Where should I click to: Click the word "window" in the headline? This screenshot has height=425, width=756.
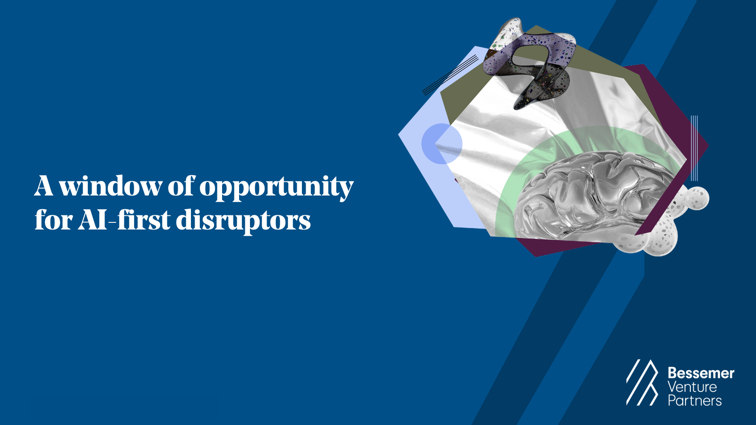[x=110, y=186]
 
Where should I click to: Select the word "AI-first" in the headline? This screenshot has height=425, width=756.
[x=123, y=219]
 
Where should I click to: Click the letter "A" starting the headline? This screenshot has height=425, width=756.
[x=44, y=186]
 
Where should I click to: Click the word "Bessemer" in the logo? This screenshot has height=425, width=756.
[x=701, y=374]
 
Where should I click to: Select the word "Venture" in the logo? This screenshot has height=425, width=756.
[x=692, y=387]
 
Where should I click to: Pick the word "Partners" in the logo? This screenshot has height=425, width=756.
[x=695, y=400]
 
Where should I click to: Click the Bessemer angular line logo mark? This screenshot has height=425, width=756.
[x=642, y=382]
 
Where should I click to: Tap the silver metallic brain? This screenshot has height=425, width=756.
[x=594, y=195]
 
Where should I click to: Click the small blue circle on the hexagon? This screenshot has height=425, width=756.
[x=442, y=144]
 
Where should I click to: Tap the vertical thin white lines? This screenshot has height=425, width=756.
[x=694, y=148]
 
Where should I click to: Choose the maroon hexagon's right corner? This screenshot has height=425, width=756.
[x=708, y=145]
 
